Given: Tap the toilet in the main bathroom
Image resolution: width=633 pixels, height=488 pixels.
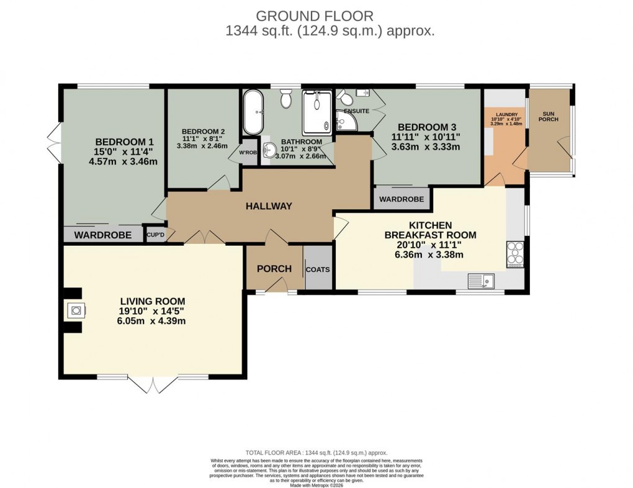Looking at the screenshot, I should tap(286, 99).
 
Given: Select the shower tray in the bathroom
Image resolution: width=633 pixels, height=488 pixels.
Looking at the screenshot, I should tap(318, 112).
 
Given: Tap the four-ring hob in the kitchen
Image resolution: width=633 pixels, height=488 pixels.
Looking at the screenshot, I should tap(516, 254).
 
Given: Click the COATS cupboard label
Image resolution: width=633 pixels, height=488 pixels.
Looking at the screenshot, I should tap(318, 269).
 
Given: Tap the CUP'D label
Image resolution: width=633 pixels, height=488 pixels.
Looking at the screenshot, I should tap(155, 234).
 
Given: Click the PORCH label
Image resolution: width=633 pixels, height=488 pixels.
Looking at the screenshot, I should tap(274, 269).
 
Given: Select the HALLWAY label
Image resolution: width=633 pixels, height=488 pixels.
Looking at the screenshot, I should tap(268, 206).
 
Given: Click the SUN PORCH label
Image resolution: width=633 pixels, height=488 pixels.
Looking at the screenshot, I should tap(548, 117).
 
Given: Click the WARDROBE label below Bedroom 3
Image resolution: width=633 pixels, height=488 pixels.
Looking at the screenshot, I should tap(402, 199).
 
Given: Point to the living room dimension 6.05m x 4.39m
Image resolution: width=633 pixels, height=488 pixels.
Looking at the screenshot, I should tap(153, 321).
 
